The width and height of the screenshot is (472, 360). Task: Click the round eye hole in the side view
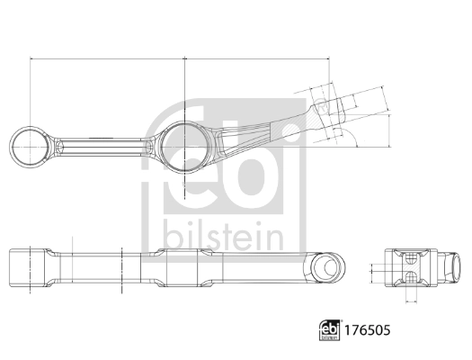[330, 266]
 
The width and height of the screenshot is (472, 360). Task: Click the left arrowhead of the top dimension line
[33, 60]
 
